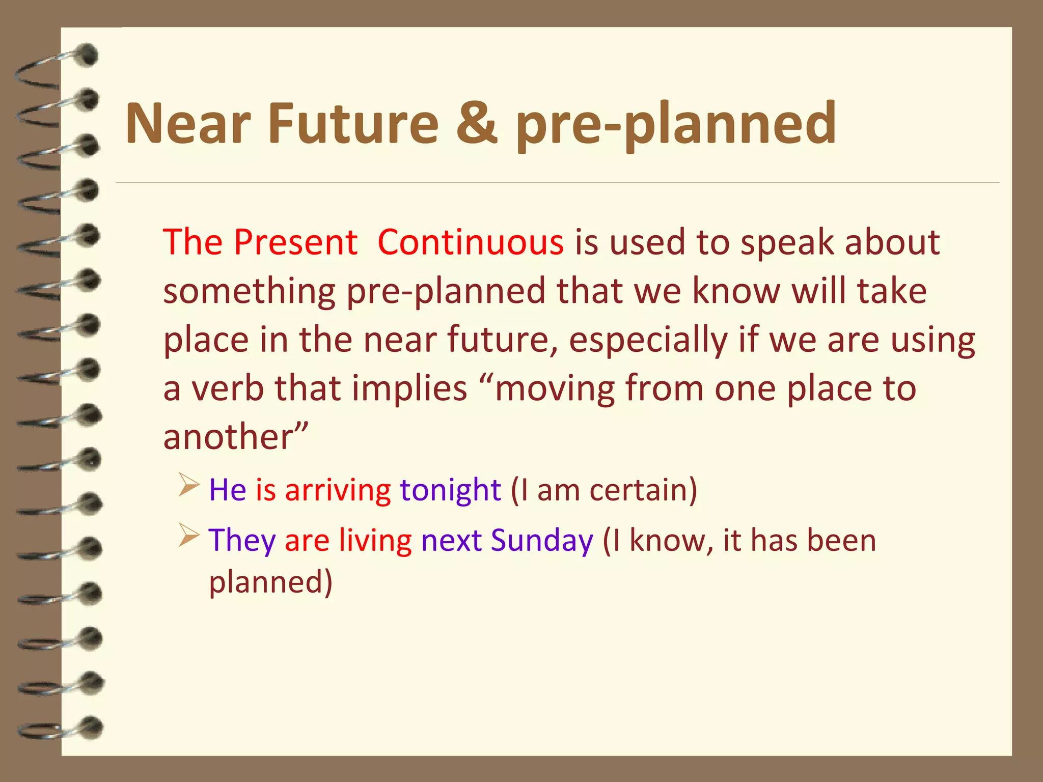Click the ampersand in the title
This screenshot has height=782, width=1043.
[x=477, y=123]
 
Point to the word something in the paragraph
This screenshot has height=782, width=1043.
[x=249, y=291]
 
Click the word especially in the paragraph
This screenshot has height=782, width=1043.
[x=648, y=340]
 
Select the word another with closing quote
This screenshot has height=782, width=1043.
[x=236, y=437]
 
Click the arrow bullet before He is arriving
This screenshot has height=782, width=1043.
[x=188, y=485]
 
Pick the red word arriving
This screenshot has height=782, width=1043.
[x=338, y=490]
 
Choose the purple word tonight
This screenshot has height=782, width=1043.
[x=450, y=490]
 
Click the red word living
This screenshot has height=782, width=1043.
[x=375, y=540]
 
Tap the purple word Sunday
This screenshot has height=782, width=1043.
[x=541, y=541]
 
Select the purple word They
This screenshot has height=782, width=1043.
[x=242, y=541]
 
